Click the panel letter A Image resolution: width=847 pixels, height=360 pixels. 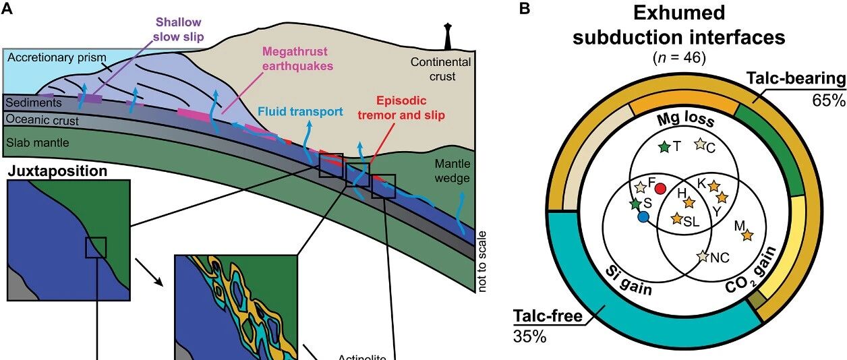pyautogui.click(x=7, y=8)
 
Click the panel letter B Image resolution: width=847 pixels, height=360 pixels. pyautogui.click(x=525, y=8)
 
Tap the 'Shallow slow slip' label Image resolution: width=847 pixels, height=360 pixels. pyautogui.click(x=179, y=29)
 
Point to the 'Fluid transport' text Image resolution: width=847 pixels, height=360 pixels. pyautogui.click(x=300, y=111)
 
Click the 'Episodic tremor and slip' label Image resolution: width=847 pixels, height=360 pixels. pyautogui.click(x=401, y=108)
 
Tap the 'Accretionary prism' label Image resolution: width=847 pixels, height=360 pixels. pyautogui.click(x=57, y=57)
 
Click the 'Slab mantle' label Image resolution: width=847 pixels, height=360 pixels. pyautogui.click(x=38, y=142)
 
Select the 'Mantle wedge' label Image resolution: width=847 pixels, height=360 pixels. pyautogui.click(x=452, y=171)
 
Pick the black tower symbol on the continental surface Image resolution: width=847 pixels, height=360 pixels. pyautogui.click(x=448, y=36)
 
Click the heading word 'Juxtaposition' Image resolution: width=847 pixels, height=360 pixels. pyautogui.click(x=57, y=171)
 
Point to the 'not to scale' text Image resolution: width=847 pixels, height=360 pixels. pyautogui.click(x=481, y=262)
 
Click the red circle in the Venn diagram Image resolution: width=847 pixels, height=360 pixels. pyautogui.click(x=660, y=188)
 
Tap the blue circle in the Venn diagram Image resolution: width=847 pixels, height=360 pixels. pyautogui.click(x=643, y=216)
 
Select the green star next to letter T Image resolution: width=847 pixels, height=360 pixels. pyautogui.click(x=664, y=147)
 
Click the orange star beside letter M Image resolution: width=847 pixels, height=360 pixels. pyautogui.click(x=747, y=235)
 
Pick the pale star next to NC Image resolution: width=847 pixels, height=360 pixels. pyautogui.click(x=703, y=256)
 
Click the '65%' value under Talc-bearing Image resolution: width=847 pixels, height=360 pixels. pyautogui.click(x=828, y=100)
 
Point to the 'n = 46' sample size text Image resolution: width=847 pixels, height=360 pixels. pyautogui.click(x=679, y=58)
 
